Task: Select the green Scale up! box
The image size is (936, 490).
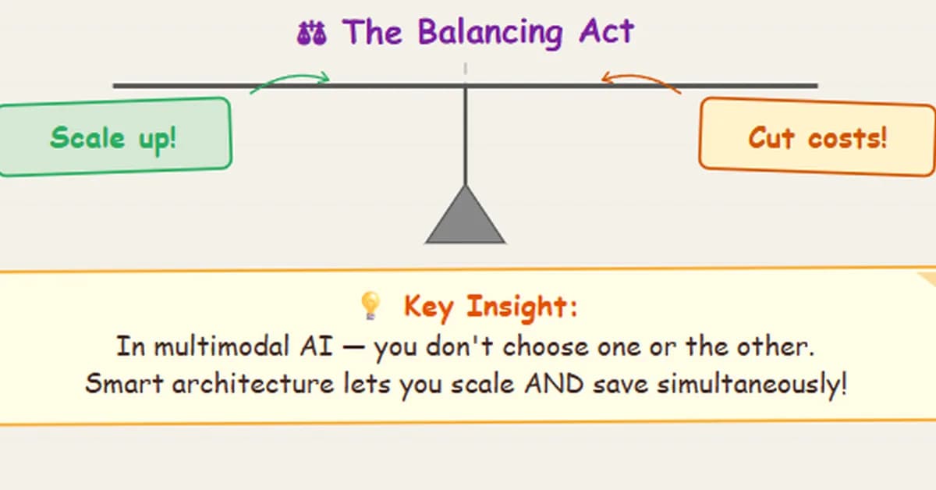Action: click(113, 137)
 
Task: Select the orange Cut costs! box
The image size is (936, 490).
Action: click(817, 138)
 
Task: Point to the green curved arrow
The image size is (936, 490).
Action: click(290, 80)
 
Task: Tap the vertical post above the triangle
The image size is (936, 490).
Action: click(466, 133)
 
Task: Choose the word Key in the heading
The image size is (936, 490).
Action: click(428, 307)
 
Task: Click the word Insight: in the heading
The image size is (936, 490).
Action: click(522, 307)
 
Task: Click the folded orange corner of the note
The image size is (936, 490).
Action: click(927, 279)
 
